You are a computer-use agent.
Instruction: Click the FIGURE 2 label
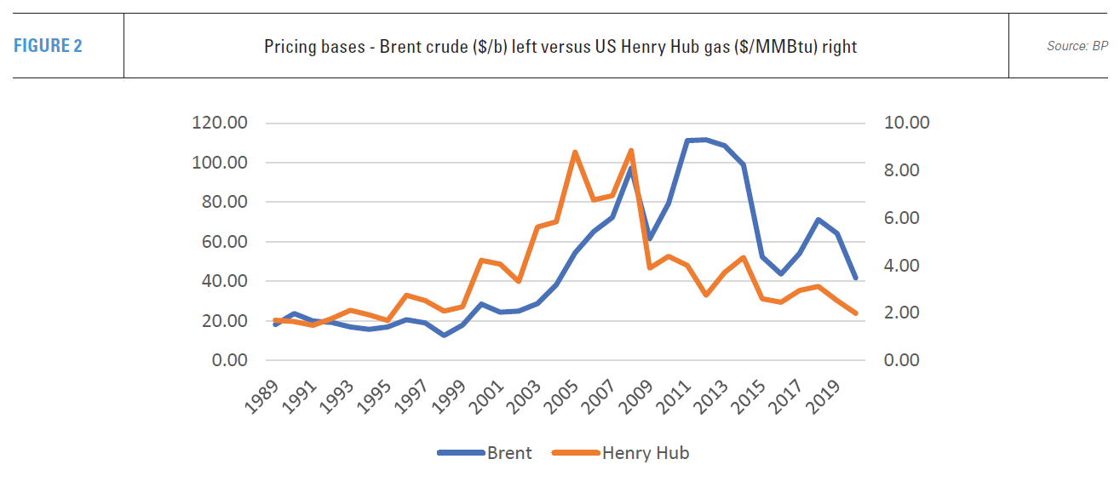coord(48,46)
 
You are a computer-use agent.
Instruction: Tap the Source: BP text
coord(1077,46)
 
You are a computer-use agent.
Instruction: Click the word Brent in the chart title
coord(380,47)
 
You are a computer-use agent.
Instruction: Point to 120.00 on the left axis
coord(221,123)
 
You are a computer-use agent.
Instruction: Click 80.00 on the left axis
coord(224,202)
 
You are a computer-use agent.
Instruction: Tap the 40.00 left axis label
coord(224,281)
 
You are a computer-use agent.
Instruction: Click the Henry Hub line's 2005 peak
coord(575,152)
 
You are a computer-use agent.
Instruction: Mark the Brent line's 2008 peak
coord(631,168)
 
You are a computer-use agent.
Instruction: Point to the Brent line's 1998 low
coord(444,336)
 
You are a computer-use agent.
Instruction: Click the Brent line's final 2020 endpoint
coord(855,278)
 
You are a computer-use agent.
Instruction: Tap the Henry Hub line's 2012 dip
coord(705,295)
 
